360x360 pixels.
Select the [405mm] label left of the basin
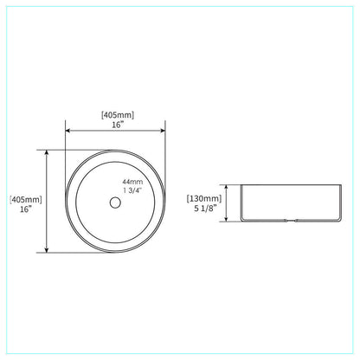point(24,199)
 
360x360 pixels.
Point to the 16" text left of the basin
point(24,210)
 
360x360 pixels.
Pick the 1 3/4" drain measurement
point(133,190)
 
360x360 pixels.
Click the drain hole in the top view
point(113,202)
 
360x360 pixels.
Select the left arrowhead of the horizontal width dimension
point(68,132)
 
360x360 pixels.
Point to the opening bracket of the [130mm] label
point(189,197)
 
